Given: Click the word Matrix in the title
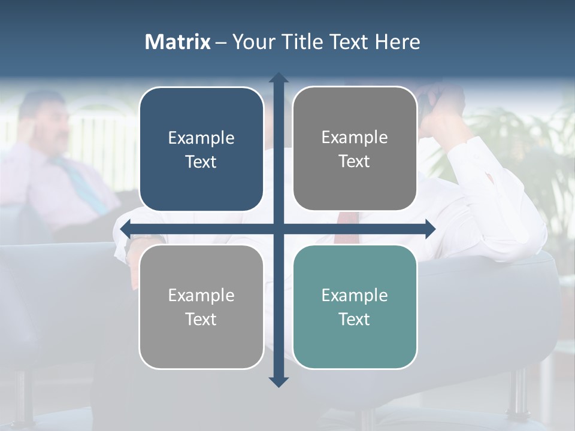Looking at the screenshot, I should click(x=178, y=42).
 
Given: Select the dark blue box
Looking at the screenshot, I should click(x=201, y=150).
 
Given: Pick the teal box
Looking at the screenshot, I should click(x=355, y=306).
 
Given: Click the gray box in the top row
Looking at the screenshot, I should click(x=355, y=149).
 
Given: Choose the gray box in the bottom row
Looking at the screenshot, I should click(x=201, y=306).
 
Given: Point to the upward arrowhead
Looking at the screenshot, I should click(x=279, y=78).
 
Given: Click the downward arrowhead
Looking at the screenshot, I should click(x=279, y=381).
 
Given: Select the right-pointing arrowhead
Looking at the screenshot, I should click(x=429, y=229).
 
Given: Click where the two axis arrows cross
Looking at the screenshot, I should click(x=279, y=229).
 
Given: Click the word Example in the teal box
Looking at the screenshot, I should click(x=355, y=295).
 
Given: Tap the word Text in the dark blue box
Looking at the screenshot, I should click(x=201, y=162).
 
